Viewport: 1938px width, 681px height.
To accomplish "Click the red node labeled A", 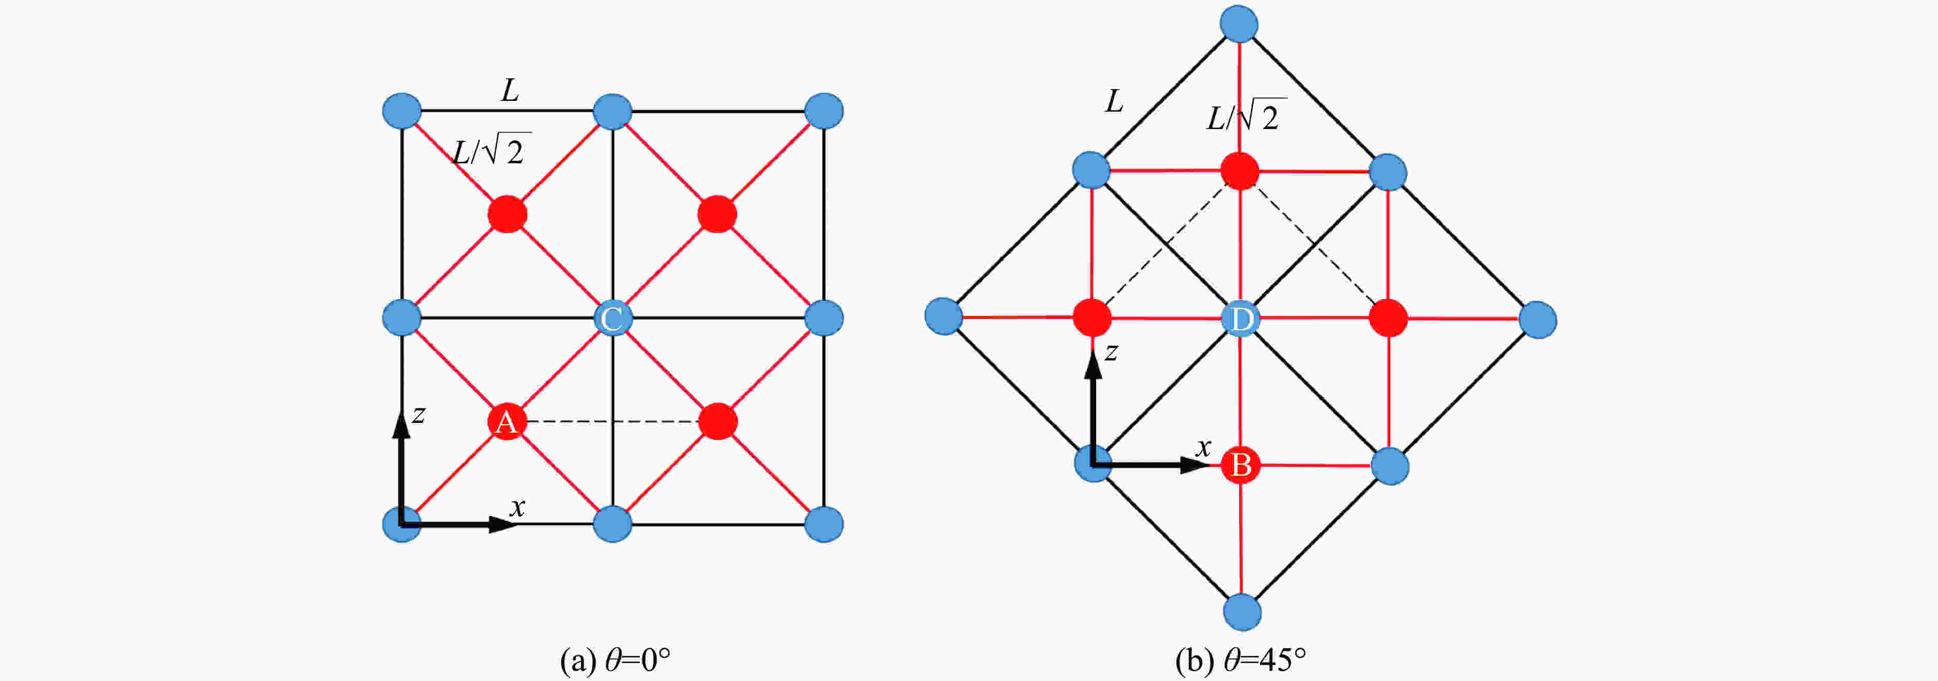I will (507, 422).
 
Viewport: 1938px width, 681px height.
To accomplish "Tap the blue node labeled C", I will (612, 318).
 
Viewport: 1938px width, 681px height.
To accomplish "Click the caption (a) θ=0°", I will (615, 660).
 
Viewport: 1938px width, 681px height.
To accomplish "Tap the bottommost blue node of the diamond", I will (1242, 612).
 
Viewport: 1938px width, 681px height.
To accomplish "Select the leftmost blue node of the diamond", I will (943, 316).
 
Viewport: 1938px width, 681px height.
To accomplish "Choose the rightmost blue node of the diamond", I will (1538, 320).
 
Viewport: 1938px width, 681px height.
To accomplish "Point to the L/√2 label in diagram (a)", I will (491, 151).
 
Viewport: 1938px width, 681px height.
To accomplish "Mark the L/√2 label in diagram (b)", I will (1245, 117).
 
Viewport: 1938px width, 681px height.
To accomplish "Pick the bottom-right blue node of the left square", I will (823, 524).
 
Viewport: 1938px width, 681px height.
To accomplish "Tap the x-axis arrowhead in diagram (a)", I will (502, 524).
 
